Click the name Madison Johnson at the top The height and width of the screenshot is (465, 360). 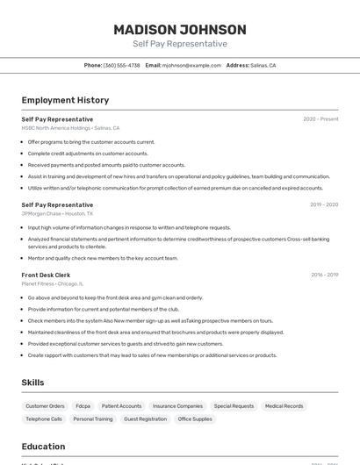(x=179, y=29)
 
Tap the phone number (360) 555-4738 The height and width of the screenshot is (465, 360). (x=121, y=65)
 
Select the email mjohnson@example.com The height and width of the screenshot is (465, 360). (x=191, y=65)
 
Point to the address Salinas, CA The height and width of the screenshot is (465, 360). (x=263, y=65)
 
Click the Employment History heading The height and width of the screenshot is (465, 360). (x=65, y=100)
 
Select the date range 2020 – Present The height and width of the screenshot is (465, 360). (x=320, y=119)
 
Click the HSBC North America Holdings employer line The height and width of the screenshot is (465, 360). (x=70, y=128)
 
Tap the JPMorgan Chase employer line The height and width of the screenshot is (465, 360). (x=57, y=213)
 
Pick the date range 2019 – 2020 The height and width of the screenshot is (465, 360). (x=324, y=204)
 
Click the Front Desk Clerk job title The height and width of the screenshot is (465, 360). (x=46, y=275)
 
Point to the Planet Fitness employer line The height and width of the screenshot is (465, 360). (x=53, y=283)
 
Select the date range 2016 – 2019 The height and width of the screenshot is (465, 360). (x=324, y=275)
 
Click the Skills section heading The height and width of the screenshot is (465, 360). (x=33, y=383)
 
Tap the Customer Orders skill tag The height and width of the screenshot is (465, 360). (x=45, y=406)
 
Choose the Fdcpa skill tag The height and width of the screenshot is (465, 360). (x=83, y=406)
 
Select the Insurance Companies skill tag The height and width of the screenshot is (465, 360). (x=177, y=406)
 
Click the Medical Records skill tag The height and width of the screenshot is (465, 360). (x=284, y=406)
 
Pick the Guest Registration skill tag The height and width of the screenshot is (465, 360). (x=145, y=419)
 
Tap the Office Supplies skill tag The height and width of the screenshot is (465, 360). (x=195, y=419)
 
